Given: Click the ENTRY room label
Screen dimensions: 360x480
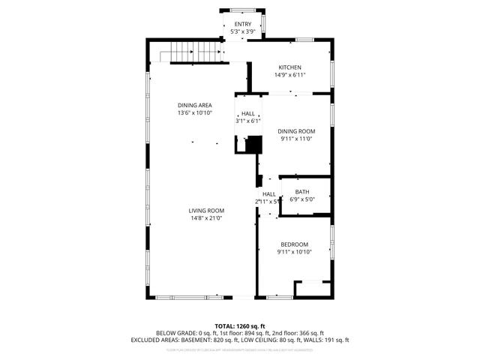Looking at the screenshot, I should (243, 25).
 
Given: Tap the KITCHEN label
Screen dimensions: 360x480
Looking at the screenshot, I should (290, 67).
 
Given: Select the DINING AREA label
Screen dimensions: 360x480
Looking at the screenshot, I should (195, 105).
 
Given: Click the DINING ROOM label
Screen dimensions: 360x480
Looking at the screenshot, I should (295, 130).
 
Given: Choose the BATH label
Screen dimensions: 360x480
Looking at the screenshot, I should (301, 192).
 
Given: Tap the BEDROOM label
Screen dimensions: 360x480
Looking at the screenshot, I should (295, 244).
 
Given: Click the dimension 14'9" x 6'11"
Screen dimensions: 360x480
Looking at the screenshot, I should (290, 75).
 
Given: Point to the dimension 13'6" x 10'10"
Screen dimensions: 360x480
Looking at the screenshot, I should (195, 112).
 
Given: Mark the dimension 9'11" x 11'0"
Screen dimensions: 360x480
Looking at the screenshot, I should (295, 139).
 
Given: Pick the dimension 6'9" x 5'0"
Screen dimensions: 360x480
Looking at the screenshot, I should (301, 199).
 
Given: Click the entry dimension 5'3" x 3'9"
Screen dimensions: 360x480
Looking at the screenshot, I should (243, 32).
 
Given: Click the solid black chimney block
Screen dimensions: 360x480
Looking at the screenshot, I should (253, 143).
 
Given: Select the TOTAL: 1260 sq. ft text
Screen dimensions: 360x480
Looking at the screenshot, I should (240, 326).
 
